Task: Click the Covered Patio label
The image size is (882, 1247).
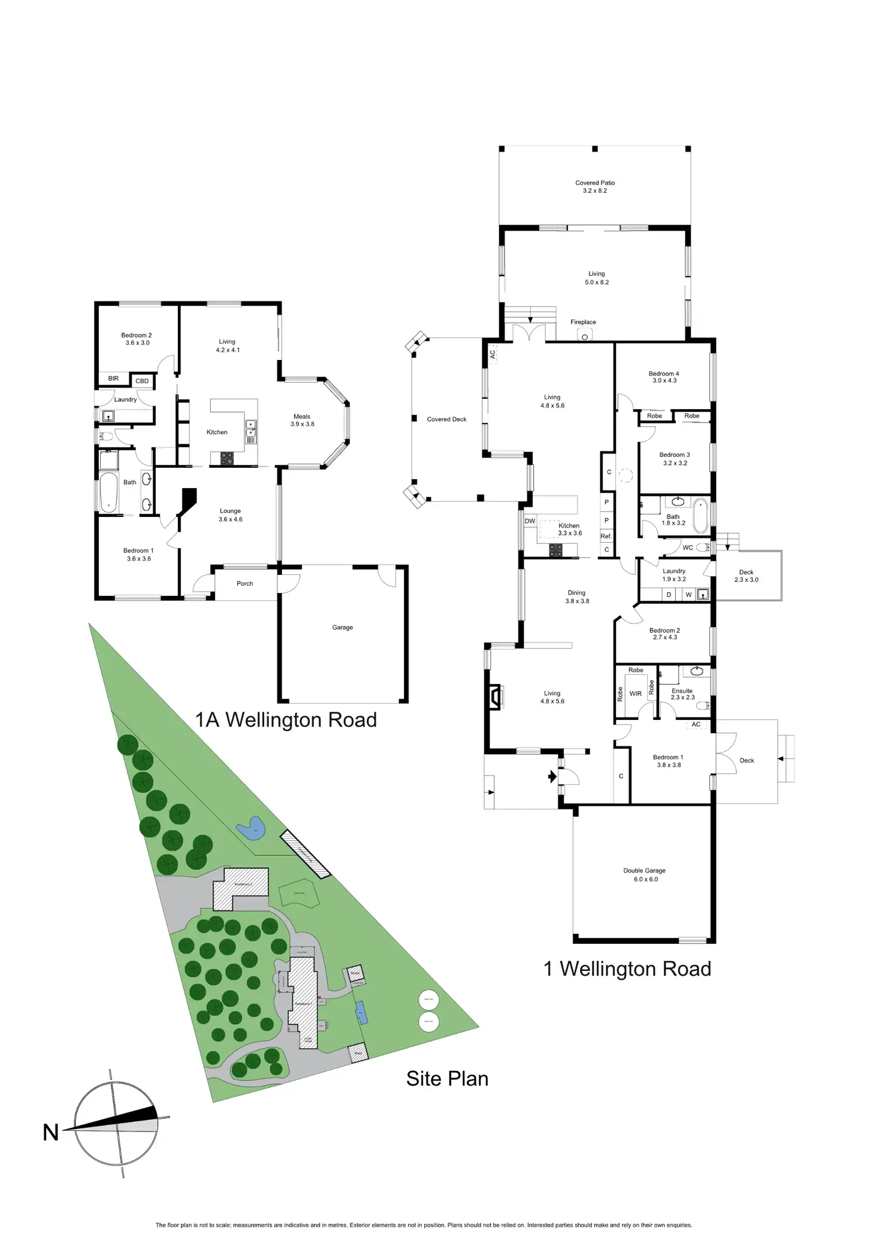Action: [595, 187]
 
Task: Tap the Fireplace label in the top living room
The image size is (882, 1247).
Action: [583, 322]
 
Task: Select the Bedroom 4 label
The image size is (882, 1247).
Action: [664, 377]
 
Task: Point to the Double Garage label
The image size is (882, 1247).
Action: [645, 874]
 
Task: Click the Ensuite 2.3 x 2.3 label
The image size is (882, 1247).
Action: [682, 694]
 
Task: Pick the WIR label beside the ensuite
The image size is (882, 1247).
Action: [636, 694]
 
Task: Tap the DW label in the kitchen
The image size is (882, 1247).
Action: [530, 521]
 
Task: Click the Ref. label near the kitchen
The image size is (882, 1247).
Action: [606, 536]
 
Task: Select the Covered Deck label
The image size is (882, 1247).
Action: [446, 419]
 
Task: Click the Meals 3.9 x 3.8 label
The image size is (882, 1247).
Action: [302, 420]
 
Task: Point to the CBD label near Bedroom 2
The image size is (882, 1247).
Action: [142, 381]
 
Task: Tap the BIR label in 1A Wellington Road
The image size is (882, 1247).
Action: [113, 379]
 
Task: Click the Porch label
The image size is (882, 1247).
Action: [244, 583]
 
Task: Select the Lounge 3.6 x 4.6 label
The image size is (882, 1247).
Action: [230, 515]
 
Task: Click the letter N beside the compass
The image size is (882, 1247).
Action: [51, 1133]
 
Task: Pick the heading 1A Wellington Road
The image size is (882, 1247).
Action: [286, 719]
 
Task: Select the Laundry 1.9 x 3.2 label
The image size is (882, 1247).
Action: [674, 575]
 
